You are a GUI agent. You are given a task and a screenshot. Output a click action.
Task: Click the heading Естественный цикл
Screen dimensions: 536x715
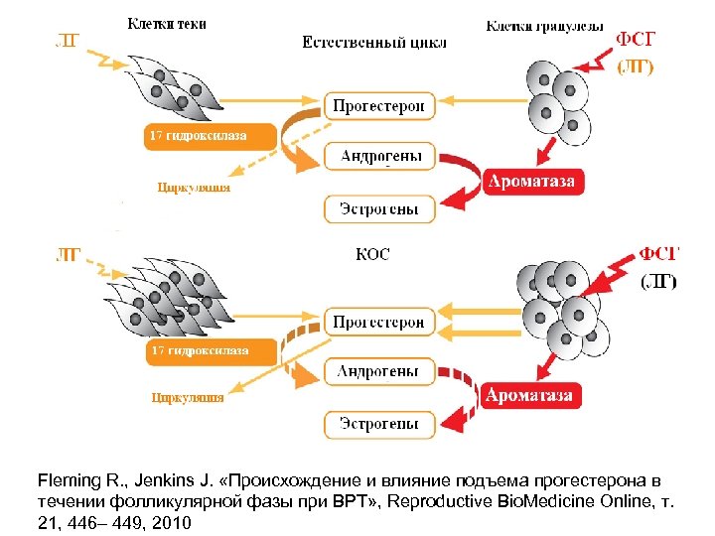(373, 43)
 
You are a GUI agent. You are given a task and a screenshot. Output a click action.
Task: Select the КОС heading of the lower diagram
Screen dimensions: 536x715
(372, 254)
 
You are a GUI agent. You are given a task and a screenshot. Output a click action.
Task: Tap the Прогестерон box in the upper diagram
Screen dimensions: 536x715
(379, 105)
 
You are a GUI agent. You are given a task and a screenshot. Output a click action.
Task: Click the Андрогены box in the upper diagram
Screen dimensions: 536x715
(379, 156)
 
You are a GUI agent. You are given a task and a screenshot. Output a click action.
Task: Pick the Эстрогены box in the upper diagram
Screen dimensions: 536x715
(379, 209)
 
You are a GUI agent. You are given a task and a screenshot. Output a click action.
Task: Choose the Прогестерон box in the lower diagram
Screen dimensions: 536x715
(379, 322)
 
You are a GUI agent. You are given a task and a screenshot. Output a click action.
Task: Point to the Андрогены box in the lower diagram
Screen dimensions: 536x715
(379, 372)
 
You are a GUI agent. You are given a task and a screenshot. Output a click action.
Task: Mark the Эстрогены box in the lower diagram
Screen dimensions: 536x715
(379, 424)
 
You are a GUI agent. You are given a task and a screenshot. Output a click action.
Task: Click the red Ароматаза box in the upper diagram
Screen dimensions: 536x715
(529, 182)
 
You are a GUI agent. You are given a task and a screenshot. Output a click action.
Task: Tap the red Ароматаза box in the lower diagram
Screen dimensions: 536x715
(529, 395)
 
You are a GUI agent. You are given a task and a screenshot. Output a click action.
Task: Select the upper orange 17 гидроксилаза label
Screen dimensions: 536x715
(198, 136)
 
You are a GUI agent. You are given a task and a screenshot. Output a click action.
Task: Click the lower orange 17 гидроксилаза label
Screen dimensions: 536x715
(198, 351)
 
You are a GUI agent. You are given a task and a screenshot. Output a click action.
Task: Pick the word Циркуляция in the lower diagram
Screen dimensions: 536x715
(187, 398)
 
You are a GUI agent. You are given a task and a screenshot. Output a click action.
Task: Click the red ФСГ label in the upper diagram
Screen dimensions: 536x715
(636, 40)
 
